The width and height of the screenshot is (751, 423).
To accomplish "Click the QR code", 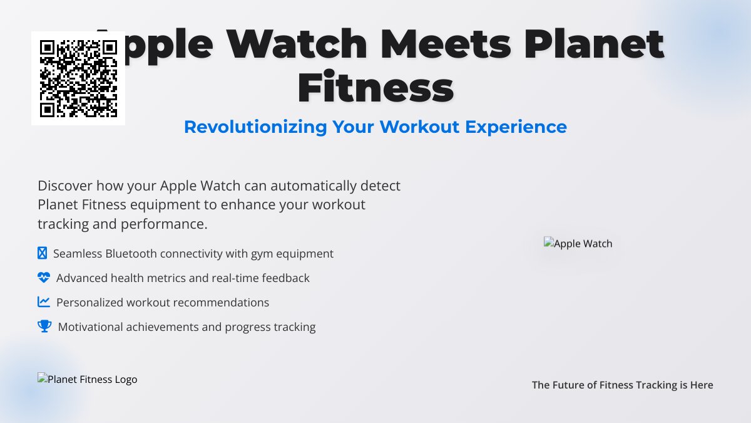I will [x=78, y=78].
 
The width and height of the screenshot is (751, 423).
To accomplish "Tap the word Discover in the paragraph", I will [x=64, y=185].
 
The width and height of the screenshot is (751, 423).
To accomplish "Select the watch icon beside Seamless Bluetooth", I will [x=43, y=253].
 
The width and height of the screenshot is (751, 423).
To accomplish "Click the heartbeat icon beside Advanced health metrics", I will [x=44, y=278].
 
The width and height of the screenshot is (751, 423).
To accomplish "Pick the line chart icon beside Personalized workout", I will [x=44, y=302].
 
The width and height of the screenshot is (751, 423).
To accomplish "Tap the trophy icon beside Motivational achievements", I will [x=44, y=326].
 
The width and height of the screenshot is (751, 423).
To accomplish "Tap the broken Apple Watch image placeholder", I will [x=578, y=243].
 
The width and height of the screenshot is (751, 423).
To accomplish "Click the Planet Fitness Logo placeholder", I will [x=88, y=379].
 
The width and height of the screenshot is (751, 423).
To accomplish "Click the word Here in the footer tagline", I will [x=702, y=385].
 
